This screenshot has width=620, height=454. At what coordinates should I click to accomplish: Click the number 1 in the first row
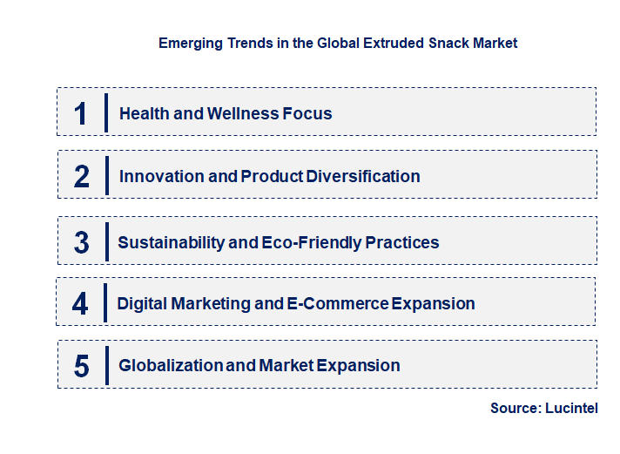(81, 113)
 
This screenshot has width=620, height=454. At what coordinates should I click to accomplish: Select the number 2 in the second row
(81, 176)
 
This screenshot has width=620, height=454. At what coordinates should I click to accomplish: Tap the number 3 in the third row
(81, 243)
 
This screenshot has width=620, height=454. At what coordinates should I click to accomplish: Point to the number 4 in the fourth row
(80, 304)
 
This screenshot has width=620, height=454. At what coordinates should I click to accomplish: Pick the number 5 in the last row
(81, 366)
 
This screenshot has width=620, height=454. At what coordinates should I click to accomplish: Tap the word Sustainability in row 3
(171, 243)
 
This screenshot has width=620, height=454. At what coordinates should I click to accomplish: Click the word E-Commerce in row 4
(337, 304)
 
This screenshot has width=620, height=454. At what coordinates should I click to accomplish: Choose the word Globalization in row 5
(171, 366)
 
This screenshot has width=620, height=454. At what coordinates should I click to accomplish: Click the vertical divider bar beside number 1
(105, 113)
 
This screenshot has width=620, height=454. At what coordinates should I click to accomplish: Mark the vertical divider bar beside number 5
(105, 365)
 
